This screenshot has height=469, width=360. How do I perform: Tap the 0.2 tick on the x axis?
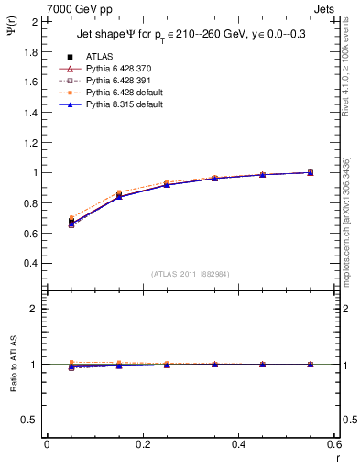point(142,444)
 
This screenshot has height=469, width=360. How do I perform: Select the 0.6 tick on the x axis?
point(333,444)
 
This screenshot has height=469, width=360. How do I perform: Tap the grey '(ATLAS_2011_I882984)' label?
point(190,273)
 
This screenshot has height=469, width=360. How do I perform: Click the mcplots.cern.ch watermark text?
point(352,229)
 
